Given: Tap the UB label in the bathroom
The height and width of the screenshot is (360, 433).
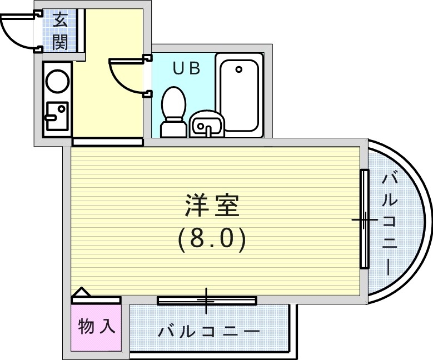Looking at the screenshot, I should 186,68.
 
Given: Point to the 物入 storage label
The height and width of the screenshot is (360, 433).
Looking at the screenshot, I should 97,327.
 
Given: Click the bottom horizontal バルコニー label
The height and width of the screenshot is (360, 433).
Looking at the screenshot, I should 208,332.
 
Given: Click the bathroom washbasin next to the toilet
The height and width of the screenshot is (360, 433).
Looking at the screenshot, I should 206,124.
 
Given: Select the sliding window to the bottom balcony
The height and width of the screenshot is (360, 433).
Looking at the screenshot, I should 207,301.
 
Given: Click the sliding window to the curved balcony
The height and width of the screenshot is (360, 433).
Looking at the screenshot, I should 364,220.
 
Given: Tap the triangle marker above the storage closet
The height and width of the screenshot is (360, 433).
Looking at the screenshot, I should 81,292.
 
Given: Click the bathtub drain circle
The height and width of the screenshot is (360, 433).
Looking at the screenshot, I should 238,70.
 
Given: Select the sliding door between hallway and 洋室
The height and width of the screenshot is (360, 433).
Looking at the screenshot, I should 107,142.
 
